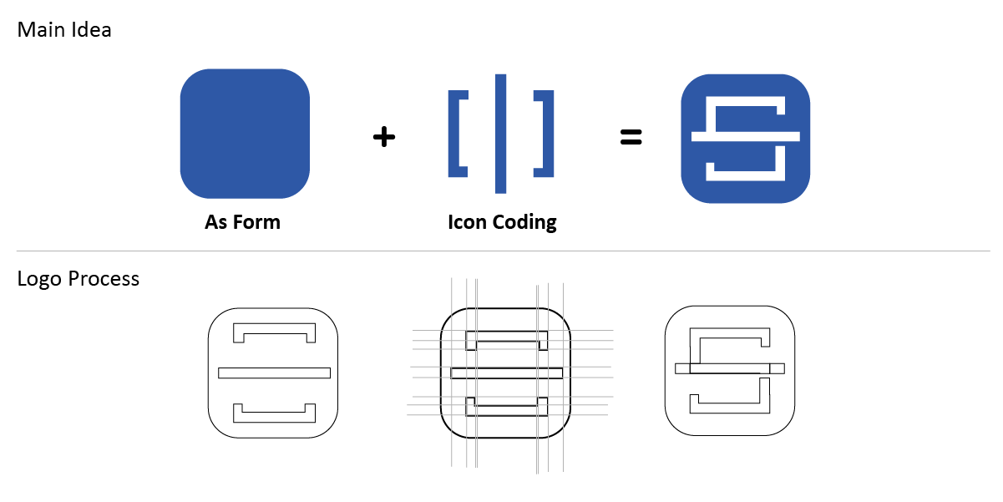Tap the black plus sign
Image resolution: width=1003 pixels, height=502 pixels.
click(x=384, y=137)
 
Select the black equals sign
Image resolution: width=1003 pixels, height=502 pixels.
click(x=631, y=137)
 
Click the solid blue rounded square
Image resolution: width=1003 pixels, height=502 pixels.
click(x=245, y=134)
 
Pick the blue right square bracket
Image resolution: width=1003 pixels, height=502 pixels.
click(x=547, y=134)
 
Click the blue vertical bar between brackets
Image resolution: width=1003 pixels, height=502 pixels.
click(x=500, y=134)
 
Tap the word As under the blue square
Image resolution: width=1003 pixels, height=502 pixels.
click(x=215, y=222)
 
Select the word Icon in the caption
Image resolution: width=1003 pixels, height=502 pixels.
click(x=467, y=222)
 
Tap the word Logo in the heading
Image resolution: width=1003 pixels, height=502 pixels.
click(x=39, y=279)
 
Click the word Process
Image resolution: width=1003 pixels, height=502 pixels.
click(x=104, y=279)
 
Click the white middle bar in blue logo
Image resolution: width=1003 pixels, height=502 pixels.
click(x=746, y=137)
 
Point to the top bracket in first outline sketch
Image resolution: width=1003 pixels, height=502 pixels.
click(x=274, y=327)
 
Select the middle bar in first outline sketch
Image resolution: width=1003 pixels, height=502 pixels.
click(x=274, y=373)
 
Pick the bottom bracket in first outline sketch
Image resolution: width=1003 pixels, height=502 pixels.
click(x=274, y=418)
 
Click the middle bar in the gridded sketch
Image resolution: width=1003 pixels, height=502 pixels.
click(x=506, y=373)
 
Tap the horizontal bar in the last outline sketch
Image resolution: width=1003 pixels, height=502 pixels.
click(x=730, y=368)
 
